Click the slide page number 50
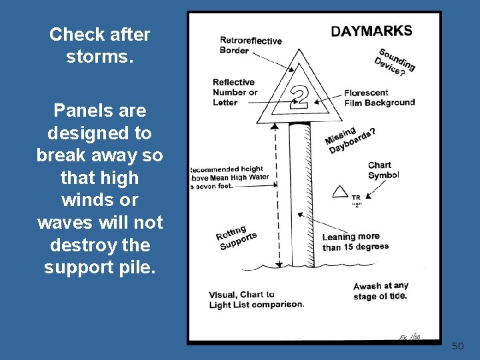457,346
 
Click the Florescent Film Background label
379,98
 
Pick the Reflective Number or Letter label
234,92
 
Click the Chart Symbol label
383,170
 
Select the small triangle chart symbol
341,192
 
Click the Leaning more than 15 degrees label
355,241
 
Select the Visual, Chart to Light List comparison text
256,299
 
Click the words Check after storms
99,45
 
